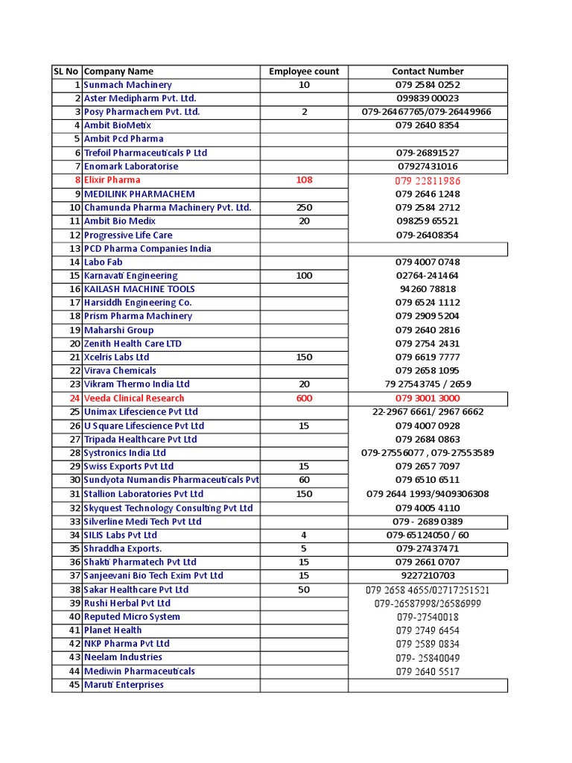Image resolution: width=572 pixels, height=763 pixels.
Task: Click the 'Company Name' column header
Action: pyautogui.click(x=118, y=72)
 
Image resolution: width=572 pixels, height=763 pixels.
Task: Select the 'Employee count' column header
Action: pyautogui.click(x=304, y=72)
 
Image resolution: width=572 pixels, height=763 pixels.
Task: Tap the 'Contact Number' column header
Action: pyautogui.click(x=428, y=72)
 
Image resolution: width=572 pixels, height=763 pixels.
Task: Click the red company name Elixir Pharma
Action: pyautogui.click(x=112, y=180)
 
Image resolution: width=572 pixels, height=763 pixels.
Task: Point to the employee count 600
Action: pyautogui.click(x=304, y=398)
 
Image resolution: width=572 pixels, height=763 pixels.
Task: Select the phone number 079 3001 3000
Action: pyautogui.click(x=428, y=398)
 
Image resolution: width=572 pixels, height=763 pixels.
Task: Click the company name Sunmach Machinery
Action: pyautogui.click(x=127, y=85)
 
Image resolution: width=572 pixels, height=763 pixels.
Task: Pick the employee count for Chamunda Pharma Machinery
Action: pyautogui.click(x=304, y=207)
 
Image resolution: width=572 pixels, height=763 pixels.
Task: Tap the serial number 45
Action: pyautogui.click(x=74, y=685)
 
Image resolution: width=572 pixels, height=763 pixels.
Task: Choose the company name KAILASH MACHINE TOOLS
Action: pyautogui.click(x=139, y=289)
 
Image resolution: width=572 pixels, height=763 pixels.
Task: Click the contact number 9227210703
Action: pyautogui.click(x=428, y=576)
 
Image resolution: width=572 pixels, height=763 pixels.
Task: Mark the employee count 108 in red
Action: pyautogui.click(x=304, y=180)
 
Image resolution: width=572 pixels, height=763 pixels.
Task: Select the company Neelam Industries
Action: pyautogui.click(x=123, y=657)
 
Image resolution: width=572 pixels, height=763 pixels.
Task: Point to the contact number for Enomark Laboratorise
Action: pyautogui.click(x=428, y=166)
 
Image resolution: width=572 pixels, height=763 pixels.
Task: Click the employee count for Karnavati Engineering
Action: pyautogui.click(x=304, y=276)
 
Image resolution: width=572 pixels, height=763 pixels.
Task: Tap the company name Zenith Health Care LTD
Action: pyautogui.click(x=133, y=343)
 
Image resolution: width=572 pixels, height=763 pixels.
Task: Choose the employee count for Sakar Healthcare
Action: pyautogui.click(x=304, y=589)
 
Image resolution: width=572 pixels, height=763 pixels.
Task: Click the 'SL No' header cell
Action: pyautogui.click(x=66, y=72)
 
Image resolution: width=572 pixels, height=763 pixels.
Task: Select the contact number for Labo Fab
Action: pyautogui.click(x=428, y=262)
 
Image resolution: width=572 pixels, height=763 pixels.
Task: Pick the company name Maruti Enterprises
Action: pyautogui.click(x=124, y=685)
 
